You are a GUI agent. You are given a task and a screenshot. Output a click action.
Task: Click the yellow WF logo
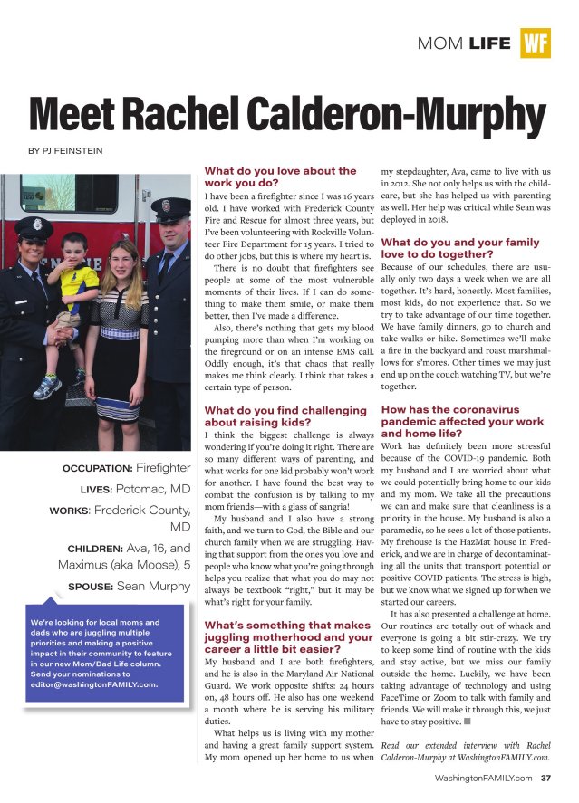536,43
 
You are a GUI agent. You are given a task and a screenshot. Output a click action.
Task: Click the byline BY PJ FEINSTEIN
61,150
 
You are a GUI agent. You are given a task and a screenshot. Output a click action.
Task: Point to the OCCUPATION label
98,469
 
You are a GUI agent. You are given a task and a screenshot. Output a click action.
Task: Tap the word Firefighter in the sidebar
163,468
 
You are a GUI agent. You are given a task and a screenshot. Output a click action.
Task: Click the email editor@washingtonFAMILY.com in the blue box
93,684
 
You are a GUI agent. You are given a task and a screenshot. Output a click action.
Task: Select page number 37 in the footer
545,778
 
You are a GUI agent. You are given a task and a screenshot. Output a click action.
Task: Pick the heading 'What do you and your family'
459,248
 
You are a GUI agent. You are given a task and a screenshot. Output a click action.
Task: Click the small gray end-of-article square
467,722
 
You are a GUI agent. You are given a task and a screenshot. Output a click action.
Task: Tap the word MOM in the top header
441,43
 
